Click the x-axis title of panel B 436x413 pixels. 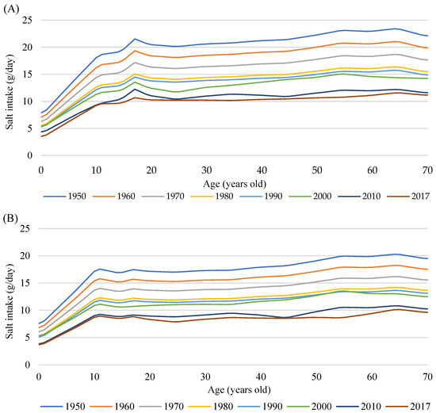[234, 388]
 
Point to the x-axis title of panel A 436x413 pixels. [234, 182]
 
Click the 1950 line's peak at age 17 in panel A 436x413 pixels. [135, 39]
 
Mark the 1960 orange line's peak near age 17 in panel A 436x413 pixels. [135, 51]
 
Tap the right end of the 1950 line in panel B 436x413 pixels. [427, 258]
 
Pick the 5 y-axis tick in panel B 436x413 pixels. [33, 336]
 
